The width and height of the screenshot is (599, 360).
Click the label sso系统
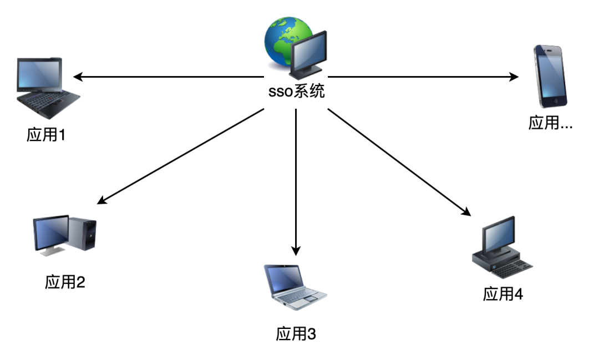296,92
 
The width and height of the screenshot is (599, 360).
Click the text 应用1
46,134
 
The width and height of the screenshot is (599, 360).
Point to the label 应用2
65,282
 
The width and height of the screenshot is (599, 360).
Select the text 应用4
503,294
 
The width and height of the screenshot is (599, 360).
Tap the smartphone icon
550,75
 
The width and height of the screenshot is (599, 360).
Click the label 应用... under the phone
550,123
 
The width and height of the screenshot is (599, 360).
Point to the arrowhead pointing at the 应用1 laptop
78,77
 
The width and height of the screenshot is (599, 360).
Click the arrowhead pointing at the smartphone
514,77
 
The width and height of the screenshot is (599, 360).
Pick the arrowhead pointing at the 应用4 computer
467,212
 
